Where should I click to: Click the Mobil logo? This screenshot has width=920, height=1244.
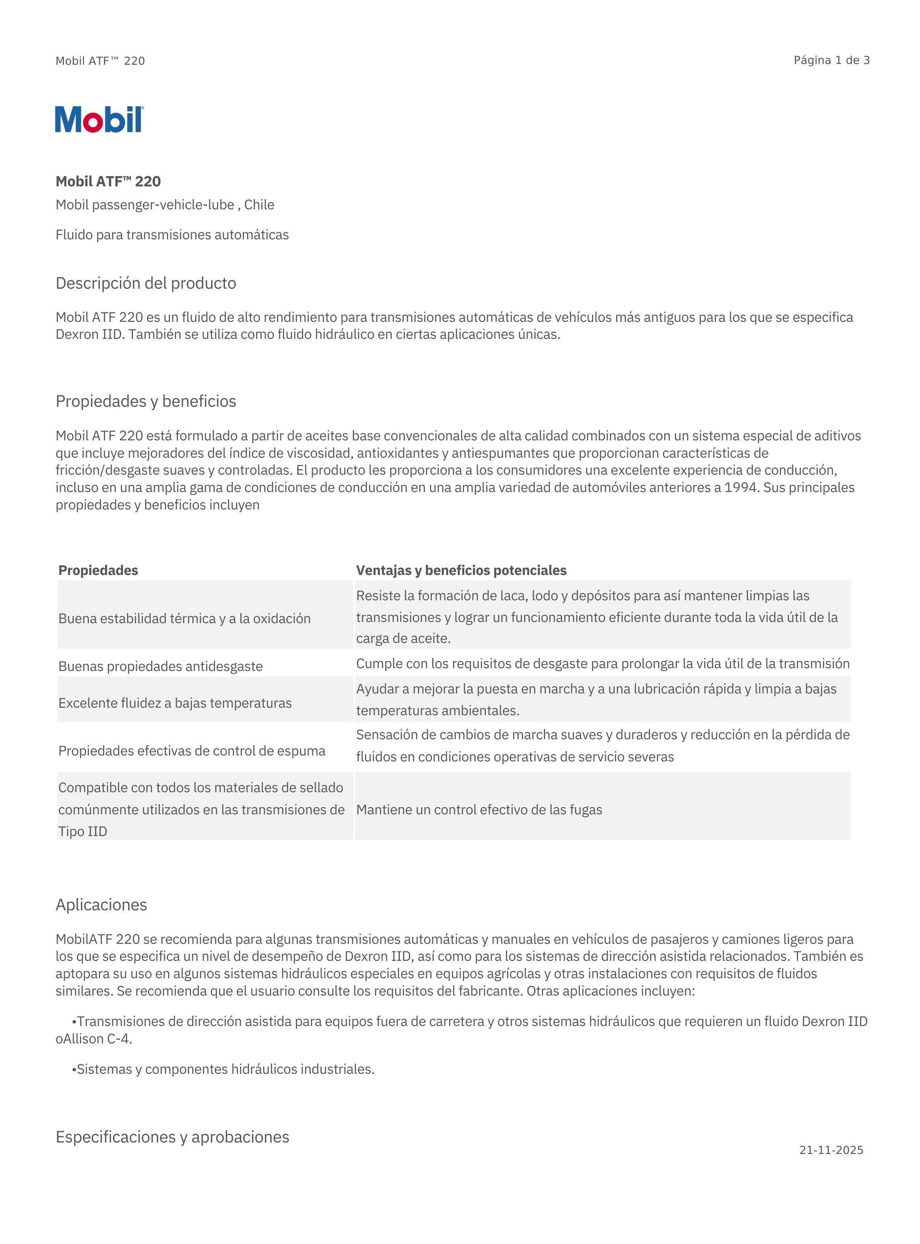[99, 119]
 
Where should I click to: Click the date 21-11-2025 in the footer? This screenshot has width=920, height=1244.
[831, 1150]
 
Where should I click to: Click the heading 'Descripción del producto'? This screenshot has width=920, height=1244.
[146, 283]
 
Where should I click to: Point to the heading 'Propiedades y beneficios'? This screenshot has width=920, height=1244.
[146, 401]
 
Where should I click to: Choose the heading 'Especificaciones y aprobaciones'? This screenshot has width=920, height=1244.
[172, 1137]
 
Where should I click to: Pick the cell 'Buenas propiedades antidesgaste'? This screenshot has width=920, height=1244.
[160, 666]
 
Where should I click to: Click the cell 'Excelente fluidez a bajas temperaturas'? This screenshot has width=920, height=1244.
[175, 703]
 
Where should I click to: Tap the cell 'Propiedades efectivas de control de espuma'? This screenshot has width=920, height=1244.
[191, 751]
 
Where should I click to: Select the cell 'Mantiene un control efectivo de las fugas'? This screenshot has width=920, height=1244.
[479, 810]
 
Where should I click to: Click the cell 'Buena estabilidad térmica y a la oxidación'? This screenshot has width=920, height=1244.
[184, 618]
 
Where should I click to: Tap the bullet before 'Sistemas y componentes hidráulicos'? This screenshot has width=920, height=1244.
[74, 1069]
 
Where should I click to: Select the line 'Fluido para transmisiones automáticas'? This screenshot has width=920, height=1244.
[172, 235]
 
